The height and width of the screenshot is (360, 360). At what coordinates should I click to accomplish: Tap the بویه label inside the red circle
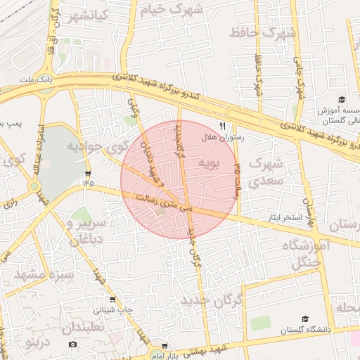point(210,164)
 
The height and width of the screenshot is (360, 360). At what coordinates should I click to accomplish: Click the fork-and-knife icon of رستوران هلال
point(222,126)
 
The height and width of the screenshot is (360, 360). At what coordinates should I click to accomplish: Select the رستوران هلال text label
point(223,138)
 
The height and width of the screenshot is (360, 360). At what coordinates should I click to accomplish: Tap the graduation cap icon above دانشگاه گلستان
point(304,319)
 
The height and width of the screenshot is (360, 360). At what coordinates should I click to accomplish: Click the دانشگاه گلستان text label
point(304,330)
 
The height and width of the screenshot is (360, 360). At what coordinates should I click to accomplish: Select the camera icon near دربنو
point(73,345)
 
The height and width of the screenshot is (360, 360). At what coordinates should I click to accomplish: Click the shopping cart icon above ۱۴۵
point(87,173)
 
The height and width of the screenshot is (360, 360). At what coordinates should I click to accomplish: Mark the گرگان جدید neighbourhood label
point(211,300)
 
